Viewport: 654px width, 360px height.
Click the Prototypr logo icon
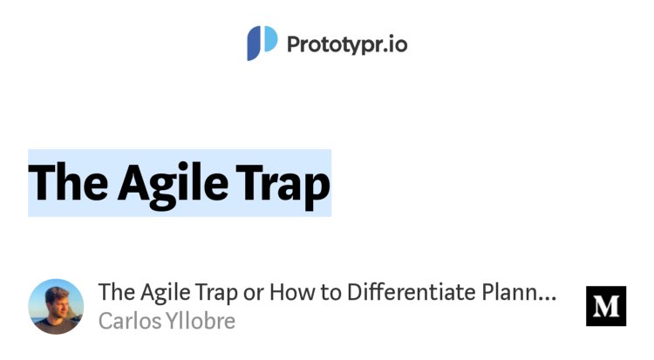(262, 43)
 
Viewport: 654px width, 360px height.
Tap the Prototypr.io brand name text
(347, 44)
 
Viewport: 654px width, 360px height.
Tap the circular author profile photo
(57, 307)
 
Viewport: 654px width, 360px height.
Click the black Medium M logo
(606, 306)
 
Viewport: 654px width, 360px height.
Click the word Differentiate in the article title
(416, 292)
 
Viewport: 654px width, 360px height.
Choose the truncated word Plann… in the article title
(521, 292)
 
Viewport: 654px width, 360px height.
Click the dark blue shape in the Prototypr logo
(255, 44)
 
